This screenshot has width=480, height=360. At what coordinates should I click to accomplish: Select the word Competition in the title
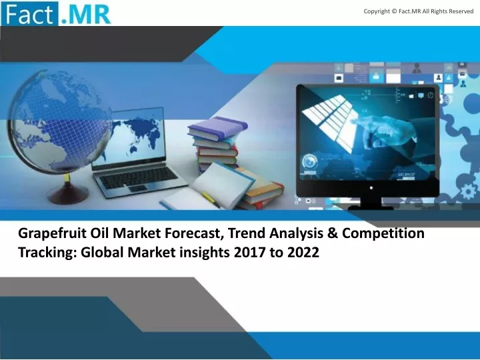pos(383,234)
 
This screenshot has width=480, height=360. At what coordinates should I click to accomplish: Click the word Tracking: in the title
pos(47,253)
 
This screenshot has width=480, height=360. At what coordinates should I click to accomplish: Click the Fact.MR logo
pos(56,13)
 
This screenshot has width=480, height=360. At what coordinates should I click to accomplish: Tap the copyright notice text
pos(419,11)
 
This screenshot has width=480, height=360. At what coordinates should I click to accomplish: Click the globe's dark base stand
pos(68,193)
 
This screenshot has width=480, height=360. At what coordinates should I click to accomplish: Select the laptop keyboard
pos(139,179)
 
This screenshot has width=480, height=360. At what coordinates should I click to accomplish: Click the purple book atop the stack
pos(217,128)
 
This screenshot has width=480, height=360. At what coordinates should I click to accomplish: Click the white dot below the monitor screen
pos(371,187)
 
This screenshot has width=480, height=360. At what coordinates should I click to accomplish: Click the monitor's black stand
pos(371,203)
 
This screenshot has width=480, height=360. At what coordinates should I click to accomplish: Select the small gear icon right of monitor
pos(468,191)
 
